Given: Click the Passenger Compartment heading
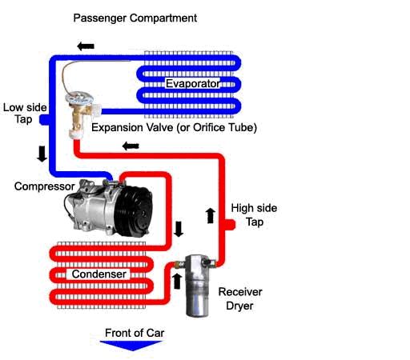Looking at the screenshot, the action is [135, 18].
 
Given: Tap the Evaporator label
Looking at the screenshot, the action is [193, 83].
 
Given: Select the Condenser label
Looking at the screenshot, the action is [99, 274].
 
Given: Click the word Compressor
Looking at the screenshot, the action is [45, 186].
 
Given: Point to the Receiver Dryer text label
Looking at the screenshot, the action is [240, 298].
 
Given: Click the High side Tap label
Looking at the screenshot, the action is [254, 214].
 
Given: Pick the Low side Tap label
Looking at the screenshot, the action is [25, 114].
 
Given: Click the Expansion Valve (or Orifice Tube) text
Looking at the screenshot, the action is [174, 127].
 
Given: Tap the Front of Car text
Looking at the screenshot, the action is [135, 333].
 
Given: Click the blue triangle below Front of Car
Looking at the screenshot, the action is [131, 345].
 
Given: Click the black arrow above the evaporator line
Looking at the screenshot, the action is [86, 46].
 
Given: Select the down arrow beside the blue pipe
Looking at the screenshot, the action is [42, 154].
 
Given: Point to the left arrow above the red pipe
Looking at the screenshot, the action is [131, 146].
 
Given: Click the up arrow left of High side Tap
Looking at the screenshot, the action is [211, 216].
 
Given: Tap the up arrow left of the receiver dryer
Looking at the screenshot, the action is [177, 281].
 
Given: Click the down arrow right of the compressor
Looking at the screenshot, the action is [179, 229].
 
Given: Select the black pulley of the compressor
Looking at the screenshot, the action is [134, 211].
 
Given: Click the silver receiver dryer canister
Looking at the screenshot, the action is [197, 286].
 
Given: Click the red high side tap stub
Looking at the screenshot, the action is [230, 225].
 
